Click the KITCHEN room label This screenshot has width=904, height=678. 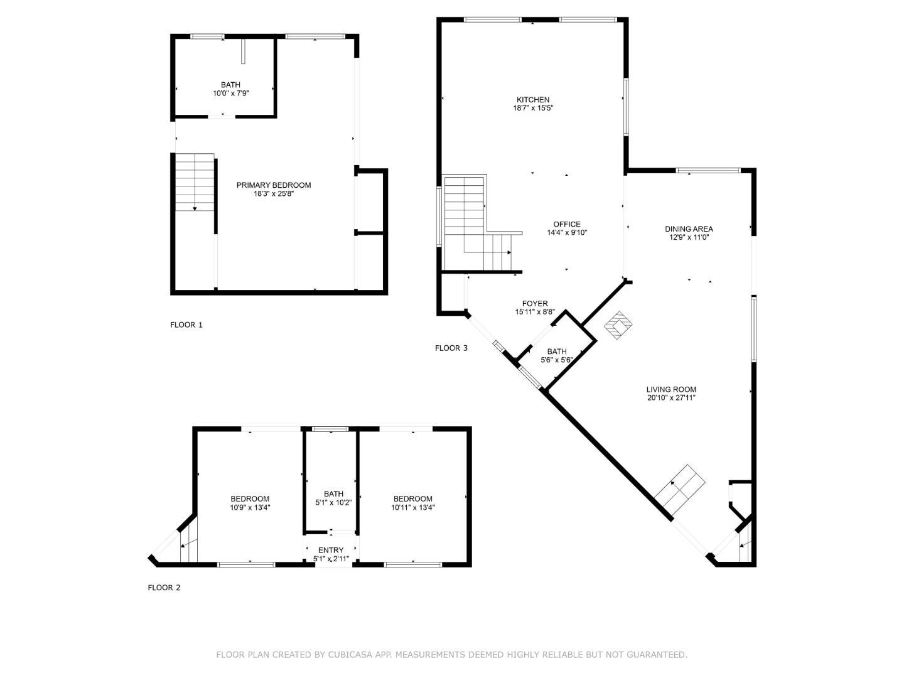(x=532, y=100)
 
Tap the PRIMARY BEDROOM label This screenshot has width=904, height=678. (x=273, y=185)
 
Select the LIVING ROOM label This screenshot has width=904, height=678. (x=671, y=389)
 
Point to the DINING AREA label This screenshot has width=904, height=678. (x=689, y=229)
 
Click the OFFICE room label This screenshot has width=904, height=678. (x=566, y=224)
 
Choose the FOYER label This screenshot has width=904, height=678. (x=535, y=304)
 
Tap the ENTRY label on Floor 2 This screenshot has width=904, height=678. (x=331, y=551)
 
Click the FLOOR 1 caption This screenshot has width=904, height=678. (x=186, y=325)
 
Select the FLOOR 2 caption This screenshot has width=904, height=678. (x=164, y=588)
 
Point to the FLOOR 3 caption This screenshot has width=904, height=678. (x=451, y=348)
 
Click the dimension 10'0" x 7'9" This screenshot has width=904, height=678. (x=230, y=94)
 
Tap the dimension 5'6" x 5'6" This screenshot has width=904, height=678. (x=556, y=360)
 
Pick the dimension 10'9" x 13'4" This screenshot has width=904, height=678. (x=249, y=508)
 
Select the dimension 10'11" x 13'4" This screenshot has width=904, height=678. (x=412, y=508)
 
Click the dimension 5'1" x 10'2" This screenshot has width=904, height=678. (x=333, y=502)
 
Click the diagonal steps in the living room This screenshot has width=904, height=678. (x=679, y=491)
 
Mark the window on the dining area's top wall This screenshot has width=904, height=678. (x=708, y=170)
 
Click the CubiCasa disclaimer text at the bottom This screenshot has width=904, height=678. (x=451, y=655)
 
